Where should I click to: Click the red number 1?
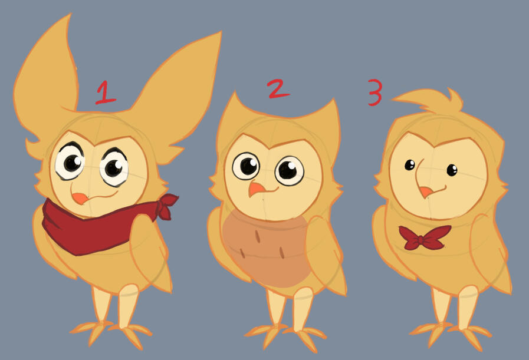click(105, 93)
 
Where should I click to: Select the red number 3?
click(375, 93)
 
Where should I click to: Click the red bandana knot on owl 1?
click(167, 206)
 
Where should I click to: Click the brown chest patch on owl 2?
click(265, 250)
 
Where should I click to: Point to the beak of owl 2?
click(257, 190)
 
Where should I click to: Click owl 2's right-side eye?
click(289, 170)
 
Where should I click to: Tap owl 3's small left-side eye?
click(409, 165)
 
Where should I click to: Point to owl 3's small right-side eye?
click(452, 170)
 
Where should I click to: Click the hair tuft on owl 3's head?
click(432, 100)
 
